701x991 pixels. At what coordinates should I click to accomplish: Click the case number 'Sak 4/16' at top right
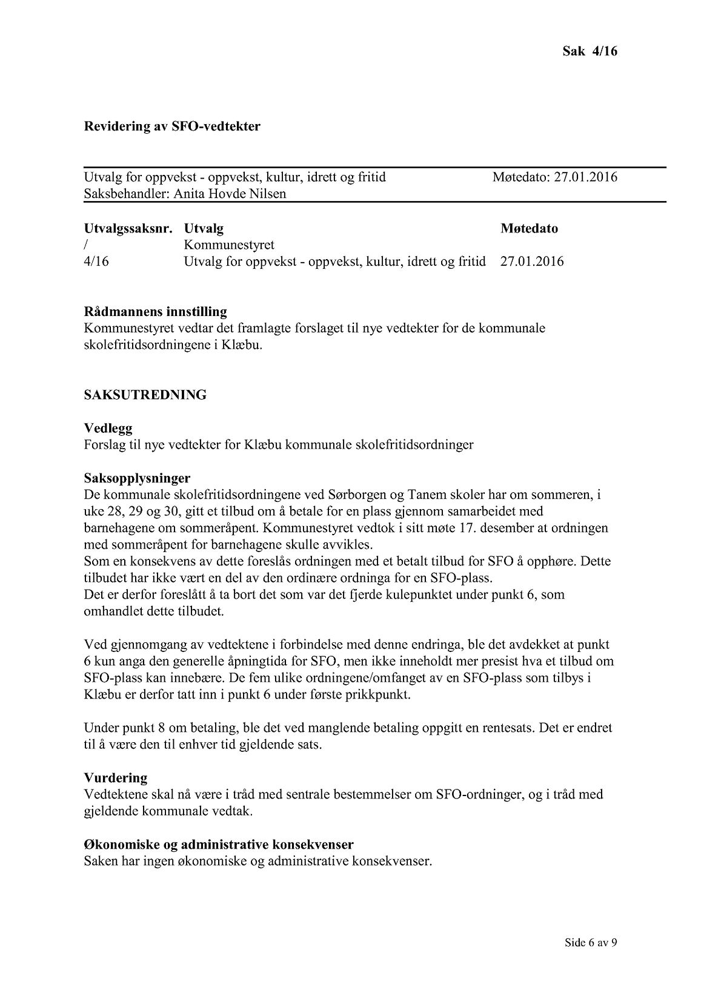(590, 51)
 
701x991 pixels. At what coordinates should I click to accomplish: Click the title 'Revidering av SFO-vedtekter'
(172, 127)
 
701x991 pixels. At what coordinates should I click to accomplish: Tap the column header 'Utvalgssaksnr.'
(128, 229)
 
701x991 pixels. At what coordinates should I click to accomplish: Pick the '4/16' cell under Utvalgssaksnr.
(97, 262)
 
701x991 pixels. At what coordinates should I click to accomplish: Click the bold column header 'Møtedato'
(529, 229)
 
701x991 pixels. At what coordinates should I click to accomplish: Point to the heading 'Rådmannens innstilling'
(156, 312)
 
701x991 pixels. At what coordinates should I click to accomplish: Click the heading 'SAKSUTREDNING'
(145, 395)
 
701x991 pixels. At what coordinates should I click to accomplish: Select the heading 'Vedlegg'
(108, 429)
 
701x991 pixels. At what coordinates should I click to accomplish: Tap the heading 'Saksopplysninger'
(137, 478)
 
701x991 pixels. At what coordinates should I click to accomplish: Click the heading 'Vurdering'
(116, 778)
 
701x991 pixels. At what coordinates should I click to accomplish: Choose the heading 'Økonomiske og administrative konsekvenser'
(219, 844)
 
